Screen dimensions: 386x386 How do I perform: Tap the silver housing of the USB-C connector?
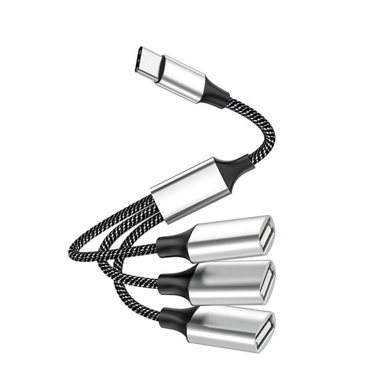pos(182,78)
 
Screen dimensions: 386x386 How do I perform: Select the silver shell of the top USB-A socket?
pos(226,240)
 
